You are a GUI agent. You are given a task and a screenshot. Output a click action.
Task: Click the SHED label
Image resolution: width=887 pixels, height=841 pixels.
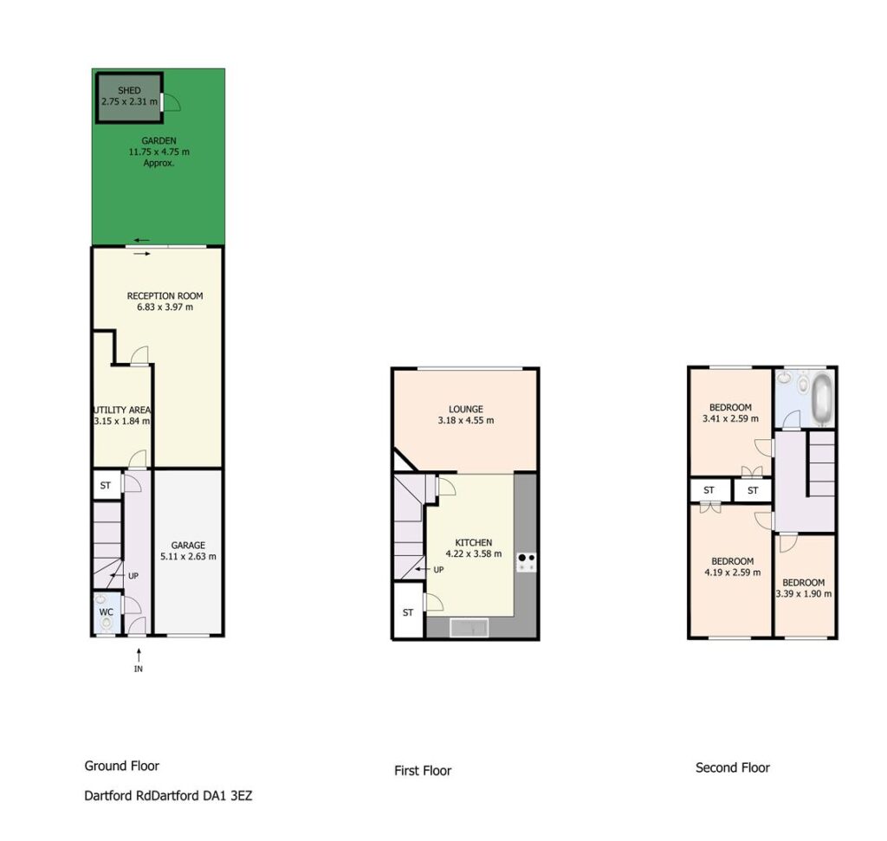[129, 90]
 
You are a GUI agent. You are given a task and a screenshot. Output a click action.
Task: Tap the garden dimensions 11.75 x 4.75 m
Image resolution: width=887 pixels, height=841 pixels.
[159, 152]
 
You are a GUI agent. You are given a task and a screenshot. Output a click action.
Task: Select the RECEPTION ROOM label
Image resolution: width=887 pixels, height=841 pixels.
[165, 296]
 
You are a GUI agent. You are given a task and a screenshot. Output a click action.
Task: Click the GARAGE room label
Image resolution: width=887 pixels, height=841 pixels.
[188, 545]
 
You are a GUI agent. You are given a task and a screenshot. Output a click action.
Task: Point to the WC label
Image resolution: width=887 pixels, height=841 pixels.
[107, 612]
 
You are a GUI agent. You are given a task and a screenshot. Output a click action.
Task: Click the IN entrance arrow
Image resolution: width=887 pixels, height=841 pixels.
[139, 655]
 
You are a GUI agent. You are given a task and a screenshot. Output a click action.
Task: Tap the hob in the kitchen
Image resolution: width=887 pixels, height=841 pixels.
[527, 562]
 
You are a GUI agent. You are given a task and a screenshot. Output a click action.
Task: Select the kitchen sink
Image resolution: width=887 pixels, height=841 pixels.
[469, 628]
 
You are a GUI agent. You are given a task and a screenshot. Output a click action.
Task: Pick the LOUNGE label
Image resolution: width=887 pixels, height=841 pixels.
[465, 409]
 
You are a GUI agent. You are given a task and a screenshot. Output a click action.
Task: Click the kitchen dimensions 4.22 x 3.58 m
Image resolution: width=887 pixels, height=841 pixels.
[474, 553]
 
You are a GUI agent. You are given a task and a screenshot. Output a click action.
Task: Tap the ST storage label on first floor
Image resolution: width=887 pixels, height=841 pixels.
[408, 612]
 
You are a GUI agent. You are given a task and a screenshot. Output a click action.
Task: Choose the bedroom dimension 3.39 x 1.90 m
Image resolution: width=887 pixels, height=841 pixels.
[803, 594]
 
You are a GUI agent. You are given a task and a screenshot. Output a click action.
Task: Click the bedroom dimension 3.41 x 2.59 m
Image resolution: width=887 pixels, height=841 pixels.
[730, 418]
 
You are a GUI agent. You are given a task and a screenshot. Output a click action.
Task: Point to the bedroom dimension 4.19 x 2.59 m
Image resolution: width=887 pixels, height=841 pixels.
[732, 573]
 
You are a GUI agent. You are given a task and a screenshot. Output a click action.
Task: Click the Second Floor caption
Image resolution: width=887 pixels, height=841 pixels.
[733, 767]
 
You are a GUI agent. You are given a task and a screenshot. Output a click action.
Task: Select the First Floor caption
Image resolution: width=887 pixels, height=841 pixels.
[423, 770]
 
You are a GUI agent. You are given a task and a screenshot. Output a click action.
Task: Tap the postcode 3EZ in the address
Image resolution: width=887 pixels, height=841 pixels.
[242, 796]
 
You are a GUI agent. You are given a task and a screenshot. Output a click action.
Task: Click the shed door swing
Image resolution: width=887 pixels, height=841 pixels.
[172, 102]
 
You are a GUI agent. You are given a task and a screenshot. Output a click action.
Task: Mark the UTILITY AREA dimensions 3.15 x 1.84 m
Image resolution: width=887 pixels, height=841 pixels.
[121, 421]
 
